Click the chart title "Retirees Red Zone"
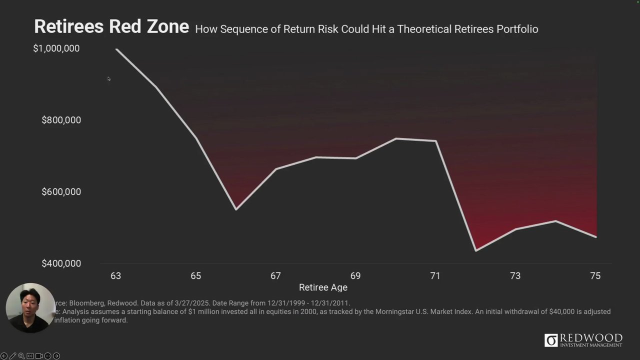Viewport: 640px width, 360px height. (111, 26)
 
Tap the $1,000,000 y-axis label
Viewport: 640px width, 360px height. (56, 48)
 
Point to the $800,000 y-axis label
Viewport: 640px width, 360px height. (61, 120)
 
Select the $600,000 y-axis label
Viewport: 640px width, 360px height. (61, 191)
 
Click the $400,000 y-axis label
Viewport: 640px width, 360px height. (61, 263)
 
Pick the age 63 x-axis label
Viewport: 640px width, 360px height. (115, 276)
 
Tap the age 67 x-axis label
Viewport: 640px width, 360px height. (275, 276)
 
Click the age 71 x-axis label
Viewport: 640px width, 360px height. (435, 276)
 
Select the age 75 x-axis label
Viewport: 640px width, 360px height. (595, 276)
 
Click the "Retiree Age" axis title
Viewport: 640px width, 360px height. (323, 287)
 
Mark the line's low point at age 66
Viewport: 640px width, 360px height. (236, 209)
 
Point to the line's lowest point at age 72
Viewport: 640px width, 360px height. (475, 250)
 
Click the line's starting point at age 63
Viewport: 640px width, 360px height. (116, 49)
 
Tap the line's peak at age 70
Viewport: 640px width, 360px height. (396, 138)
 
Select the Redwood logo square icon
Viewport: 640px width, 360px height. (551, 340)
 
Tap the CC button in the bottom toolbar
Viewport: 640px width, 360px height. (30, 356)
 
